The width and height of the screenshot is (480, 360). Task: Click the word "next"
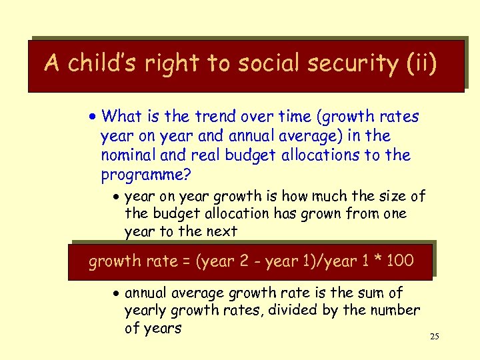click(x=221, y=231)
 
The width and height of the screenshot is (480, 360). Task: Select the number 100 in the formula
click(x=399, y=261)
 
